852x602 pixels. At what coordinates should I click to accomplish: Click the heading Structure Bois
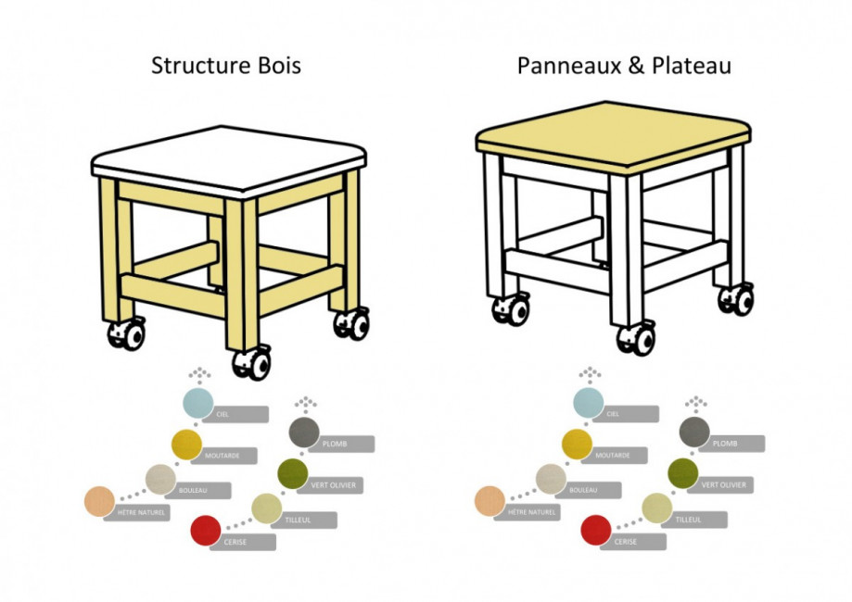225,66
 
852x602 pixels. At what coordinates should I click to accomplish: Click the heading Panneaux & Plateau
624,66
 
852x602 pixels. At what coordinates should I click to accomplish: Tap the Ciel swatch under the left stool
197,404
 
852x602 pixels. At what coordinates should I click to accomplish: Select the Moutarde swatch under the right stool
577,445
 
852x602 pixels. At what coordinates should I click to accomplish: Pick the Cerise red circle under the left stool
205,531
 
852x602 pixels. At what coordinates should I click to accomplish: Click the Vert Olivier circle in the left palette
294,472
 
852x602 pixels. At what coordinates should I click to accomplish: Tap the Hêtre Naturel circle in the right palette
490,500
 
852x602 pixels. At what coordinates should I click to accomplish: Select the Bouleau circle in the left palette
159,479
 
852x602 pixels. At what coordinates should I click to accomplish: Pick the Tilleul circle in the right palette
656,508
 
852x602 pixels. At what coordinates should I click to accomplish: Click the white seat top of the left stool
227,157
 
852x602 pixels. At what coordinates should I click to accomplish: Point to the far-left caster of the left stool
127,333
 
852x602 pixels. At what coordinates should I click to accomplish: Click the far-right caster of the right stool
737,299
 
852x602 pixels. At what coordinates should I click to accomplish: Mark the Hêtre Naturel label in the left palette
139,512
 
